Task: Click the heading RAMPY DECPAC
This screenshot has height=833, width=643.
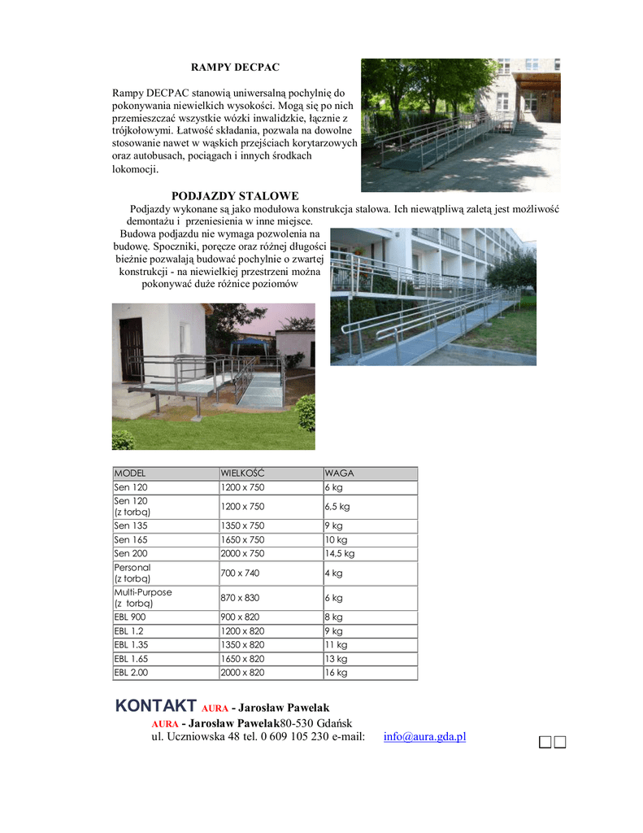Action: click(235, 66)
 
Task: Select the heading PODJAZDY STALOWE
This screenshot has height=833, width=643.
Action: click(235, 196)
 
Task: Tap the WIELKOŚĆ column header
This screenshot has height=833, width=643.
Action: click(243, 473)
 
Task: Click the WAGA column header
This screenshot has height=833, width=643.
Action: click(340, 473)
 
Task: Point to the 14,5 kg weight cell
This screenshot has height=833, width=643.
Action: click(340, 553)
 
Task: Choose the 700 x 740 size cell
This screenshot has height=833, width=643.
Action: click(241, 573)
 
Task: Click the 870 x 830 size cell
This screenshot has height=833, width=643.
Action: click(241, 598)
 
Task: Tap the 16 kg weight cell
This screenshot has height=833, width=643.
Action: click(337, 673)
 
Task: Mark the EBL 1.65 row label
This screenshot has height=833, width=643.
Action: click(131, 659)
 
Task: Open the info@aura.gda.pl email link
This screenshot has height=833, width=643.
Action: click(424, 737)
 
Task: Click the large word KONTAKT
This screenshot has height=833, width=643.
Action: click(156, 705)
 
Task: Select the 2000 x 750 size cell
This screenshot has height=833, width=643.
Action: click(242, 553)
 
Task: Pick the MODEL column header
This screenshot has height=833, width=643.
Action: click(129, 473)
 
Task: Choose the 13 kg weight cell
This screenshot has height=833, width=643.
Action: click(337, 659)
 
